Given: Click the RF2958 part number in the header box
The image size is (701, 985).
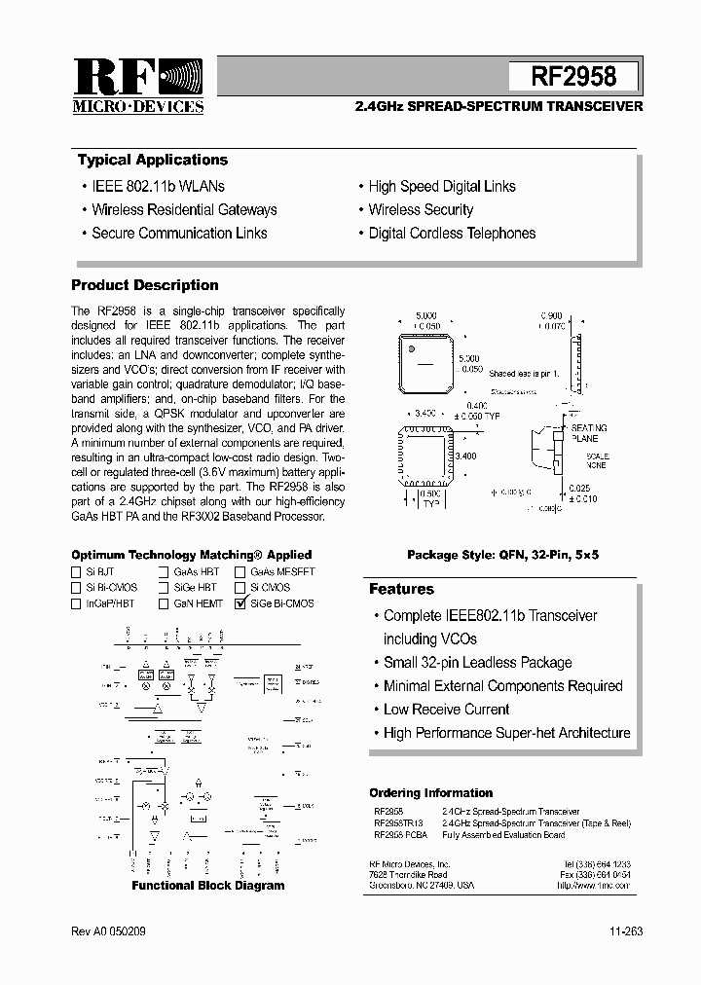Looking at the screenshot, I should [573, 76].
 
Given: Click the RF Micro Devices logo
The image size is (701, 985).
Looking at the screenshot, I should [138, 87].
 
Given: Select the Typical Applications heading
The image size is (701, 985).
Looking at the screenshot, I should [152, 160].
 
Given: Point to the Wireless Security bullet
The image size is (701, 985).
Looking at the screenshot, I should [421, 209].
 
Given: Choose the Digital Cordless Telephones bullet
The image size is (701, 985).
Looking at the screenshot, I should [452, 233].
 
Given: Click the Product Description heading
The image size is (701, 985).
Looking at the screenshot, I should [145, 285].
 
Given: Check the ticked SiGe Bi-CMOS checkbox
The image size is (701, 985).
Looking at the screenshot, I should [241, 603].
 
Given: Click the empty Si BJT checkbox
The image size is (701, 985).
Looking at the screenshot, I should [76, 572].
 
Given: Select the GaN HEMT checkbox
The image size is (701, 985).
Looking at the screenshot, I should [165, 603].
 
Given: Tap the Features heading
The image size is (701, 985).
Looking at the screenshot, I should [401, 589].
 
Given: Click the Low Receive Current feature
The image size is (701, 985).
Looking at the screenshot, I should [446, 710].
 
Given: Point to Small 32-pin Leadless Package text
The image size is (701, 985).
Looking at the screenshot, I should [477, 663].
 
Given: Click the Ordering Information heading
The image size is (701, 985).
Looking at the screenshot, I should [430, 792].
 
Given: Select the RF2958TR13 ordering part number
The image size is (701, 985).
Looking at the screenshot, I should [398, 822].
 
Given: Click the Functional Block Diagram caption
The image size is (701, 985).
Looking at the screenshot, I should [208, 886].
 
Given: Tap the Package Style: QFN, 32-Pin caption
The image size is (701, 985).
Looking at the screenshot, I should [502, 554].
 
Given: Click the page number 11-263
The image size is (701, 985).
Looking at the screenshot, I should [622, 931].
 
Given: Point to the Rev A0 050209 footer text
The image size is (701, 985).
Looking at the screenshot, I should [108, 931].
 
